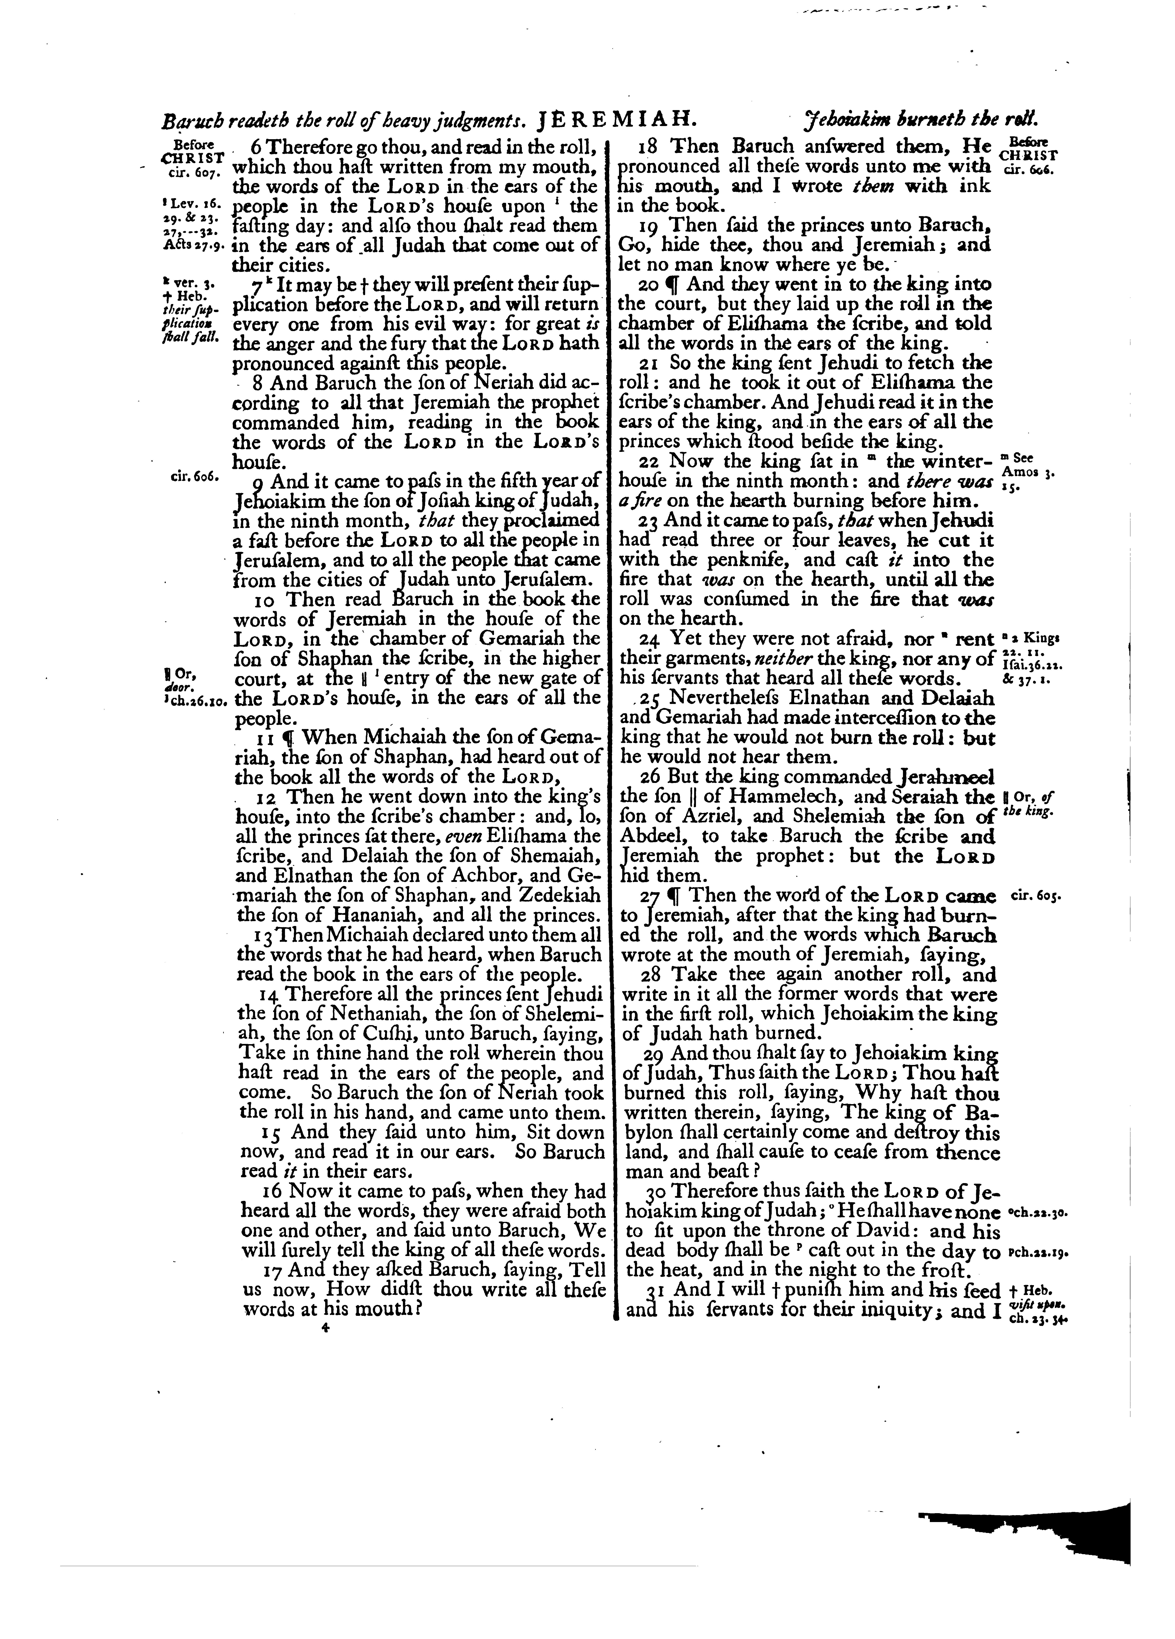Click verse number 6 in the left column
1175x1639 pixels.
tap(254, 147)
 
